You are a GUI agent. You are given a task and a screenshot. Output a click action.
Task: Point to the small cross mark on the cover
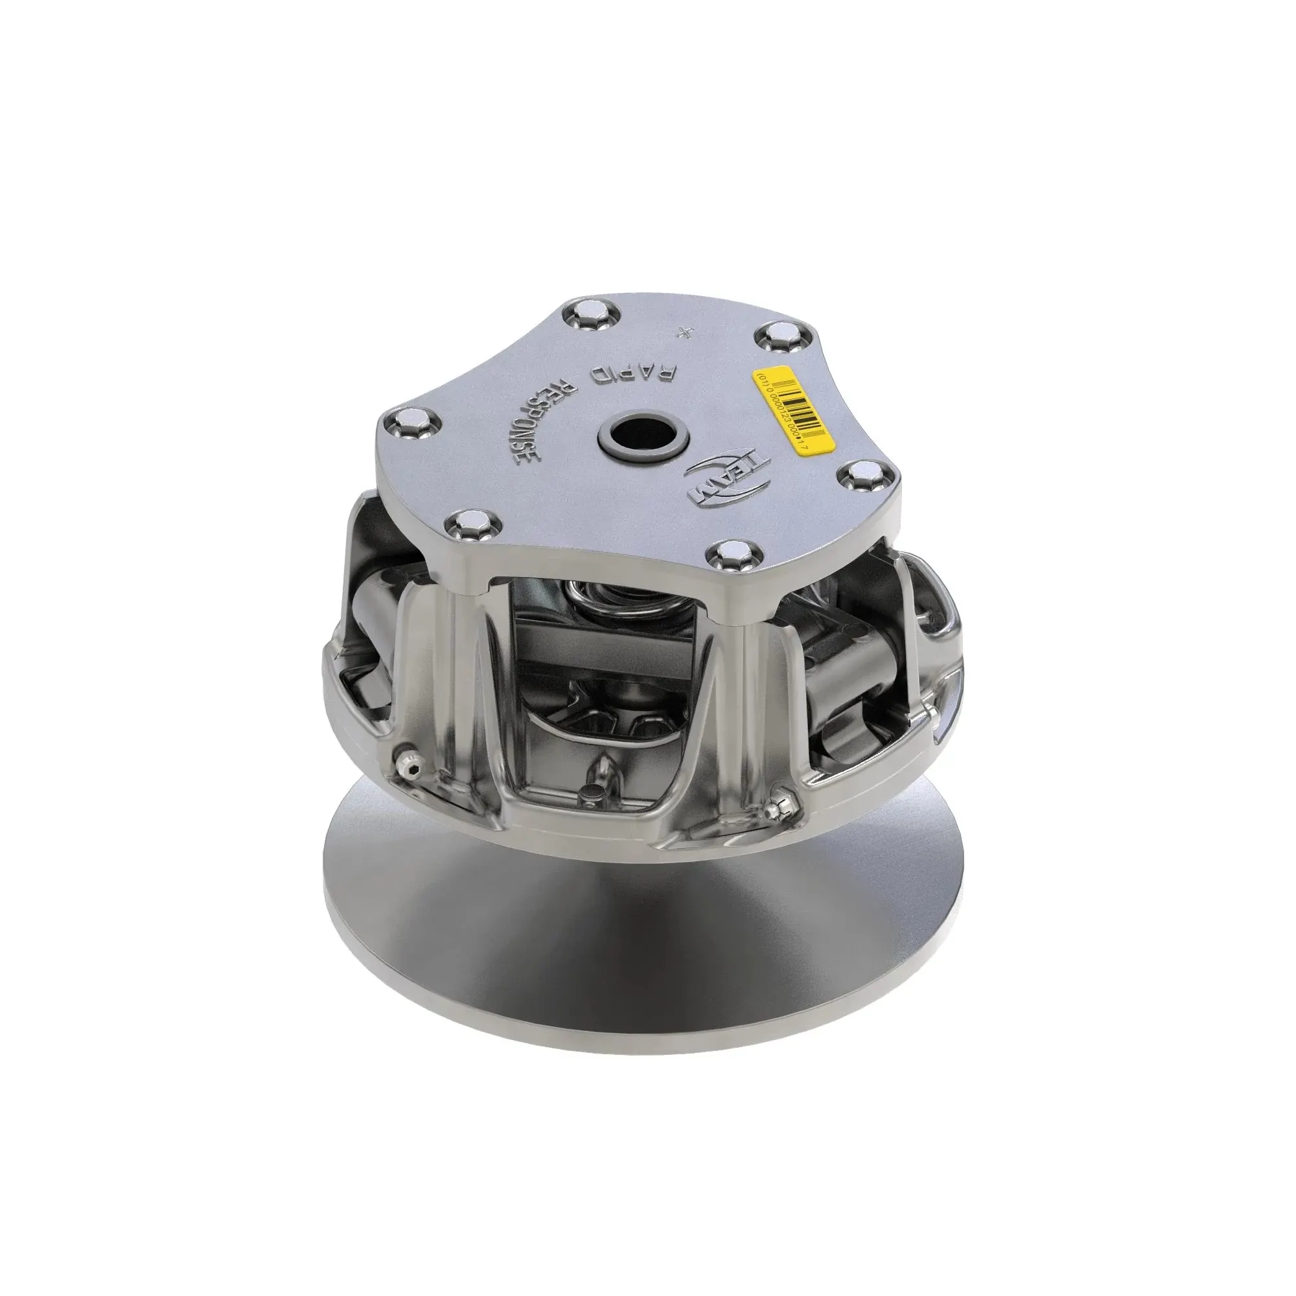click(684, 331)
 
